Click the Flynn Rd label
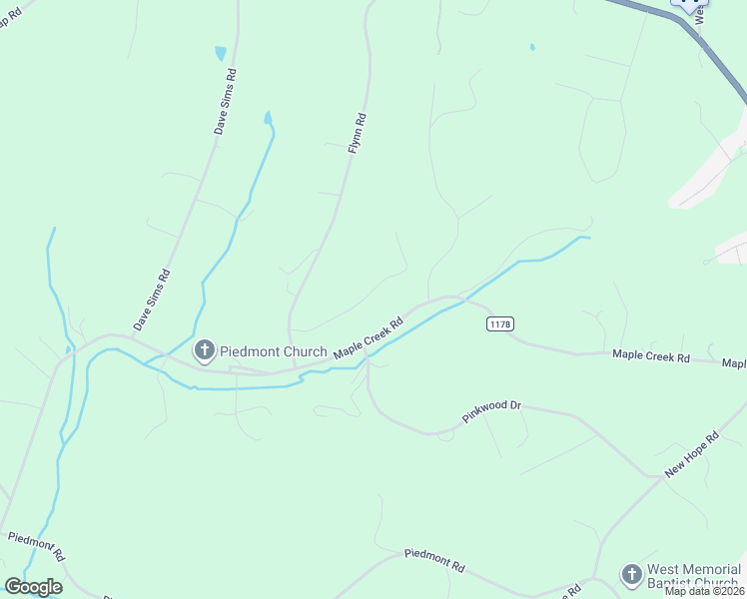click(x=358, y=133)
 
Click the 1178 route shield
click(x=500, y=324)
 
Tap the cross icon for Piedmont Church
click(x=204, y=350)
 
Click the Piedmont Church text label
click(x=274, y=351)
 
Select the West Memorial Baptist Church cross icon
click(x=630, y=574)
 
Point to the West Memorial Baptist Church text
click(x=693, y=576)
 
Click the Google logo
click(x=32, y=587)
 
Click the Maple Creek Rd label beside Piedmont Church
click(x=369, y=337)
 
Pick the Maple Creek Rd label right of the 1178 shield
click(x=651, y=355)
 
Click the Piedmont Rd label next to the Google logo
click(x=37, y=545)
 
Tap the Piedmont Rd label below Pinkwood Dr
click(x=434, y=559)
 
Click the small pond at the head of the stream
click(x=268, y=118)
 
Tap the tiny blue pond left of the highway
click(x=532, y=46)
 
